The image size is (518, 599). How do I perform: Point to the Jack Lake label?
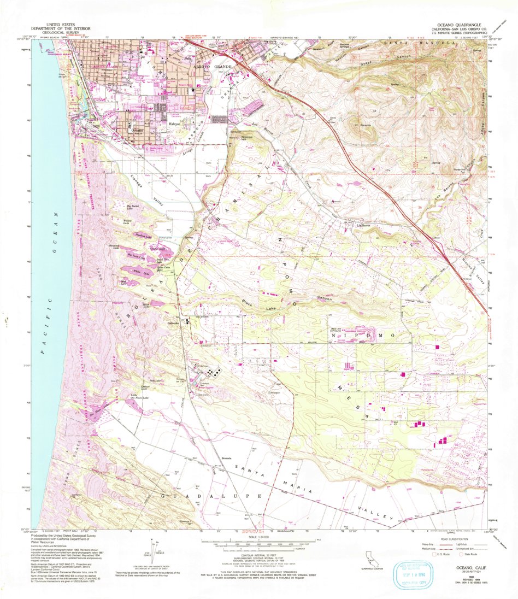154,380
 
